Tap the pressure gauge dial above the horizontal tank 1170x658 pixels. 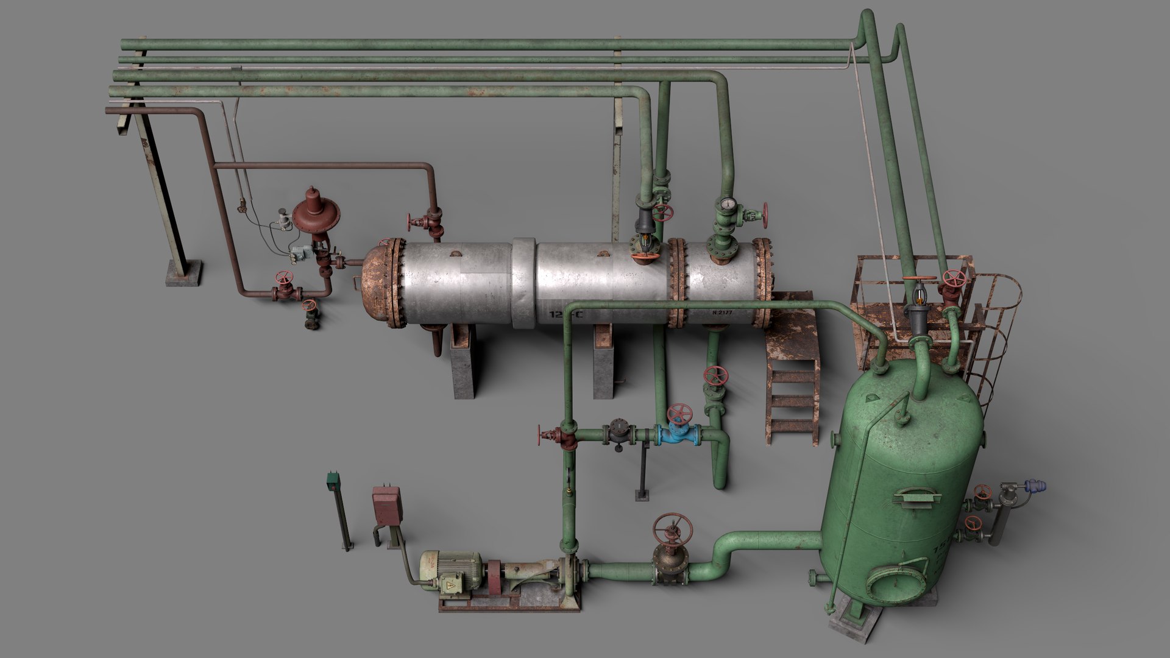click(x=726, y=204)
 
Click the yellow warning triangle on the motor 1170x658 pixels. click(x=450, y=586)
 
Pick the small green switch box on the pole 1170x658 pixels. click(x=333, y=481)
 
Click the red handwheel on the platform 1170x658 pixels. click(x=954, y=278)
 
